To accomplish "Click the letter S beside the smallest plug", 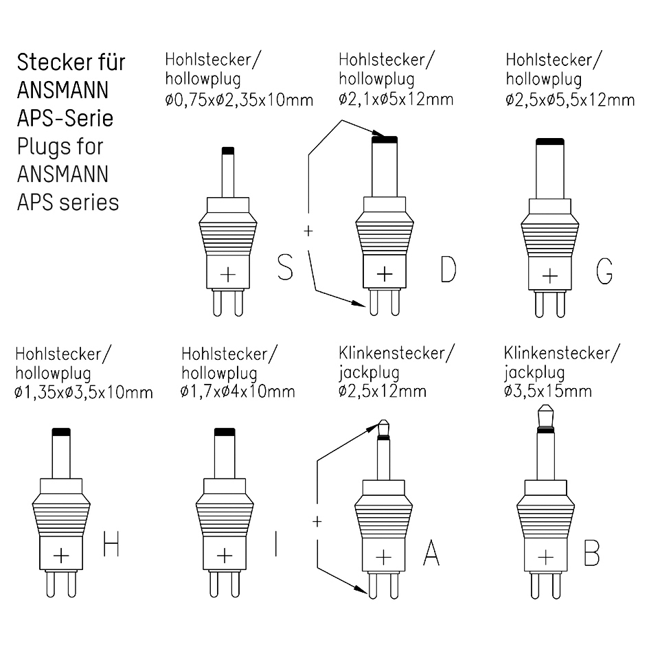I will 285,267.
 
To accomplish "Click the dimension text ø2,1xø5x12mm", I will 396,100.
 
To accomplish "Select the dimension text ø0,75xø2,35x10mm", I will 239,100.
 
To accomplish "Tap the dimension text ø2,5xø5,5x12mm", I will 570,100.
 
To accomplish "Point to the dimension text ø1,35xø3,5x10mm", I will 84,393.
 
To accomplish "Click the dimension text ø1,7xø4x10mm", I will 238,392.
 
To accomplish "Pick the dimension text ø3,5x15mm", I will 547,391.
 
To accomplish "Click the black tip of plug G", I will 549,141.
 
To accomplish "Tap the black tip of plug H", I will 61,431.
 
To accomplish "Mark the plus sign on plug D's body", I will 385,273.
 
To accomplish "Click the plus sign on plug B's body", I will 545,555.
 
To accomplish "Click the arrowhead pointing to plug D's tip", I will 377,135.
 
